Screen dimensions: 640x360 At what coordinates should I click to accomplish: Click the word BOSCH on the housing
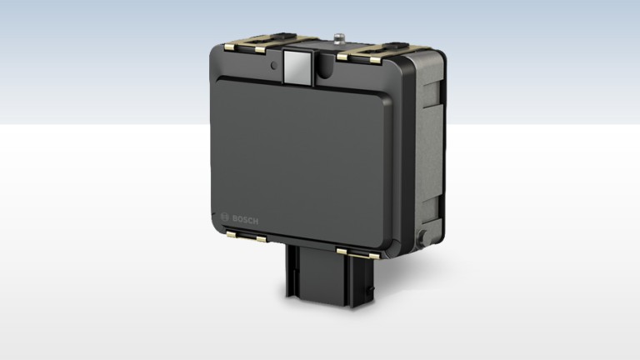click(245, 220)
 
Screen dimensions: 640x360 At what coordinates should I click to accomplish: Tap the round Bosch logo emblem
click(224, 217)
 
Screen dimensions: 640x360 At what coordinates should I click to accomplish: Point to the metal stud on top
click(338, 39)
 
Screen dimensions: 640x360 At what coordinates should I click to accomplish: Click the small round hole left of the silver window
click(274, 65)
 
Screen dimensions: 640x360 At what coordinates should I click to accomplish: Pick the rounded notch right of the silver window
click(326, 65)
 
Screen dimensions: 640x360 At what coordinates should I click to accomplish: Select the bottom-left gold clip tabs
click(246, 237)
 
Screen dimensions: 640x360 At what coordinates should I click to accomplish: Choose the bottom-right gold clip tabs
click(358, 253)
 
